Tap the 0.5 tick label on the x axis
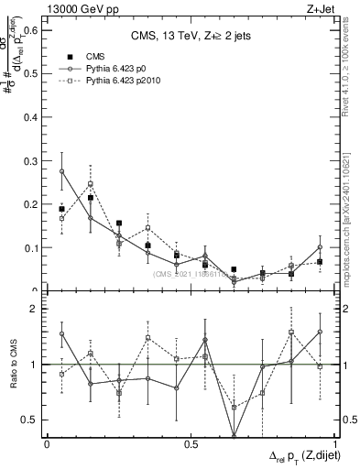[191, 444]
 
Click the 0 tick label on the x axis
[47, 444]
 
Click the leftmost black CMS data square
[61, 209]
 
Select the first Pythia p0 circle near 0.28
[61, 171]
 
